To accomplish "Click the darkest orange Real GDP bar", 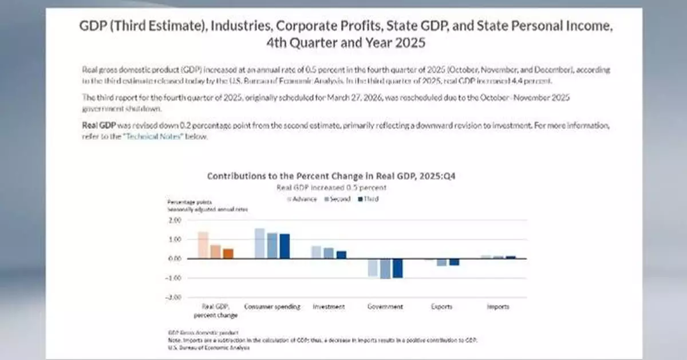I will coord(228,254).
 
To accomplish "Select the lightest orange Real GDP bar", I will coord(203,245).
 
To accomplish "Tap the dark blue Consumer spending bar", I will coord(285,246).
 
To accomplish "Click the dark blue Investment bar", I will coord(341,255).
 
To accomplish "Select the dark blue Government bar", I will coord(397,268).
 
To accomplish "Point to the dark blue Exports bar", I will coord(454,262).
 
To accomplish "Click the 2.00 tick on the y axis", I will coord(175,220).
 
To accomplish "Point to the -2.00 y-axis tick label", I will coord(174,297).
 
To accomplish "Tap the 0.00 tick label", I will coord(175,259).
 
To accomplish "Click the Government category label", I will coord(385,307).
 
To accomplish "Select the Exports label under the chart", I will coord(442,307).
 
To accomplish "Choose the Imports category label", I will coord(498,307).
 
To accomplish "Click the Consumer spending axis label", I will coord(273,307).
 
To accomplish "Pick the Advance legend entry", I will coord(304,199).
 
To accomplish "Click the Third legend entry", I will coord(369,199).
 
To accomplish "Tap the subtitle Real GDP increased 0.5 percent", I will coord(331,188).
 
